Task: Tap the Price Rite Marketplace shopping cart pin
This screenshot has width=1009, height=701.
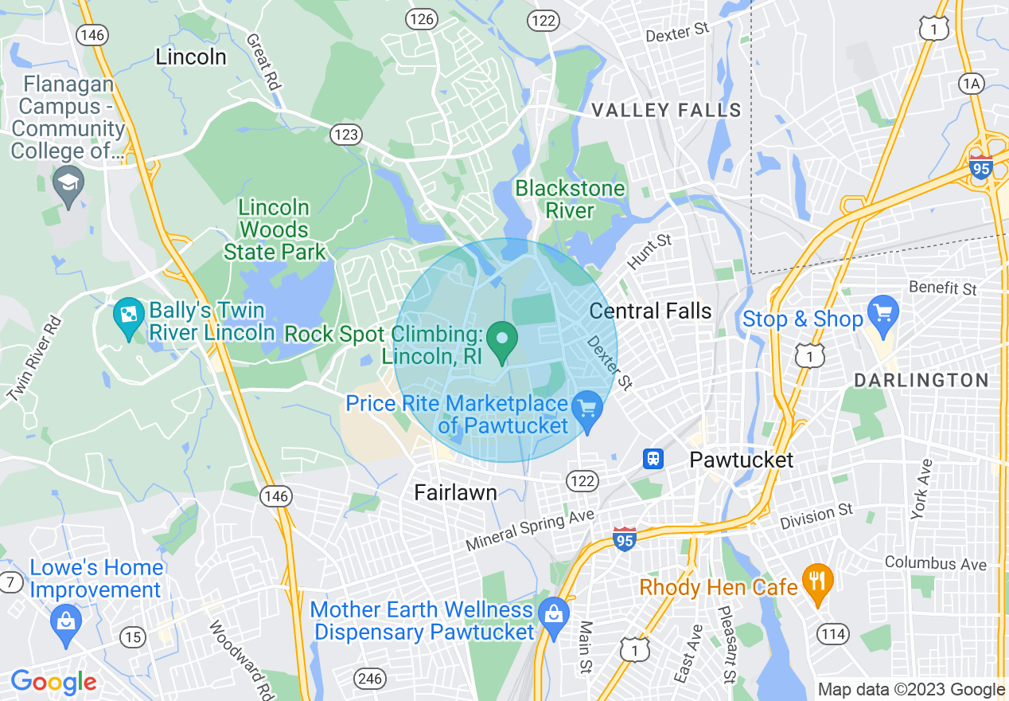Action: point(587,409)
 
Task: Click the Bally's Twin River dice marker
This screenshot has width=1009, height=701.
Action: point(128,318)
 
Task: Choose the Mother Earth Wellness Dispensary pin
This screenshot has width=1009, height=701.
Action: point(553,613)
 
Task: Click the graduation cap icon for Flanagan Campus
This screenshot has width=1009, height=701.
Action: point(69,184)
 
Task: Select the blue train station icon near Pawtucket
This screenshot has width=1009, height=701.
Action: point(653,458)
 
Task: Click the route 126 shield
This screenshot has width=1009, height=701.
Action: point(421,18)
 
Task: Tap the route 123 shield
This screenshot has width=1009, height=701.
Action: point(346,135)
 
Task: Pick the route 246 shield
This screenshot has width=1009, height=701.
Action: point(369,679)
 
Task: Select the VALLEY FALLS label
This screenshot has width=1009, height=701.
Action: point(667,111)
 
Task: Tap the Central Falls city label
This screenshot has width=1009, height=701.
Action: point(650,311)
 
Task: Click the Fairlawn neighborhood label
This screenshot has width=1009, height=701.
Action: point(456,493)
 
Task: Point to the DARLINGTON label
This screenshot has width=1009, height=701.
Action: point(921,380)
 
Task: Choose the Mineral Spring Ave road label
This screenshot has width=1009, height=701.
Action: point(530,530)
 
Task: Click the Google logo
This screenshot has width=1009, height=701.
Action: point(53,682)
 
